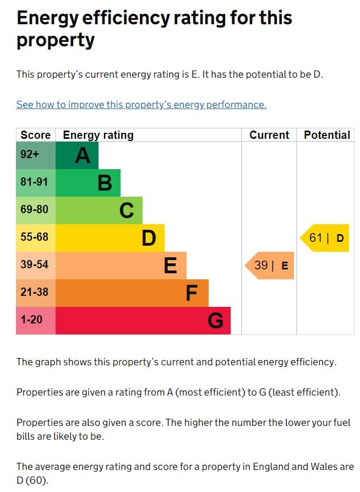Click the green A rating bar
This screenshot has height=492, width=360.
point(77,155)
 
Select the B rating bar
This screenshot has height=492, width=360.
point(88,183)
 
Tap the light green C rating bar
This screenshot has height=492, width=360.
point(99,210)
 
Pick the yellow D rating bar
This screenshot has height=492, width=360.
point(110,238)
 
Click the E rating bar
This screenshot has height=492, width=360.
point(121,266)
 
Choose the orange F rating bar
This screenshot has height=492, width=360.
point(132,293)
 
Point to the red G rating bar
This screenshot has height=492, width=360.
point(143,321)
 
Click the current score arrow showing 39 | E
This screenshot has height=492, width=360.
point(270,266)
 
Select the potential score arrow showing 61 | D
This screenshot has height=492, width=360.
point(325,238)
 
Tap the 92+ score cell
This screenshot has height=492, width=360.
point(36,155)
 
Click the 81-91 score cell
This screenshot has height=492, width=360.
point(36,183)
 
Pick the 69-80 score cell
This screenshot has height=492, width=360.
point(36,210)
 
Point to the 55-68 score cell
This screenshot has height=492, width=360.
point(36,238)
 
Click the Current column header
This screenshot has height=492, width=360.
point(269,135)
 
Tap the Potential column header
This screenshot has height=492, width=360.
point(327,135)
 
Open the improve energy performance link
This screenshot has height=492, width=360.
point(141,105)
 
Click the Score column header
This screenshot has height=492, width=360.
point(36,135)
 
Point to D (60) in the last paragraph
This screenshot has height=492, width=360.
point(32,480)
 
